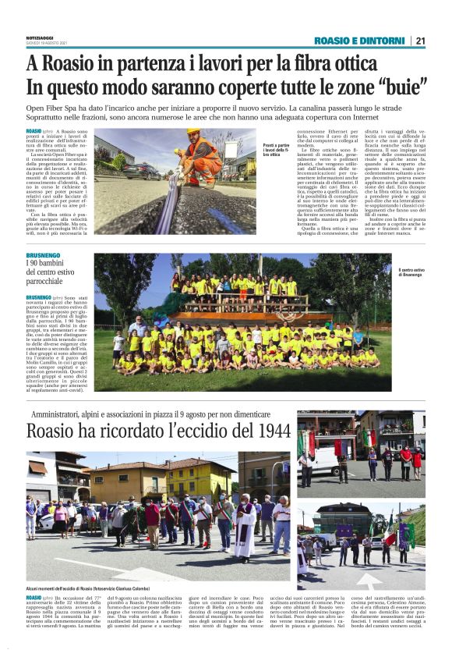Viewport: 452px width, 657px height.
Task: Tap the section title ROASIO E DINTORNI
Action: click(x=359, y=41)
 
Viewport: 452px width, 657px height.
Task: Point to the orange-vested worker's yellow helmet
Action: click(x=192, y=131)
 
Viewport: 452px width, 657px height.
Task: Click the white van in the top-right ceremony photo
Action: click(x=320, y=460)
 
